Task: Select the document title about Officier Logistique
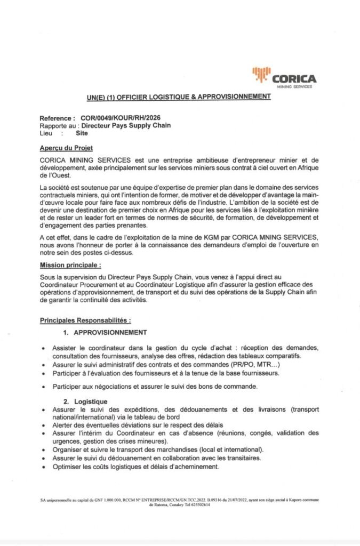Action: (179, 97)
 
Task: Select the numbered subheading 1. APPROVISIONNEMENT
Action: (105, 333)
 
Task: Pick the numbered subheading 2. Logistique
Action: (85, 401)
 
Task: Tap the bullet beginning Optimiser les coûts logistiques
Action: (135, 467)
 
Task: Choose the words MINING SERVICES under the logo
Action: (295, 86)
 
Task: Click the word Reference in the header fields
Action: (55, 117)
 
